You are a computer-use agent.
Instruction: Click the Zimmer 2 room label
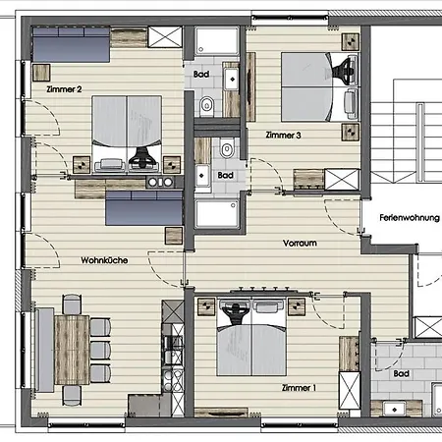[64, 89]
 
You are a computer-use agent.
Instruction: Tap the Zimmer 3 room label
[283, 135]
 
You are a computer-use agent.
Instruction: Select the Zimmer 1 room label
[299, 388]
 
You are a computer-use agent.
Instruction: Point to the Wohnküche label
[104, 260]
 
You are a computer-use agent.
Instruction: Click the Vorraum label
[300, 243]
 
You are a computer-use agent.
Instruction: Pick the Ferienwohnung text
[410, 218]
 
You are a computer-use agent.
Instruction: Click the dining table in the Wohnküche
[72, 350]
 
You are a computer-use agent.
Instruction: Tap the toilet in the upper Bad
[206, 105]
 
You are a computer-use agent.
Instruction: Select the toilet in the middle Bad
[227, 148]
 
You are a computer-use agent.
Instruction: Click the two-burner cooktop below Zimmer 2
[160, 182]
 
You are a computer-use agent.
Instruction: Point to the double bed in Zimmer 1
[251, 337]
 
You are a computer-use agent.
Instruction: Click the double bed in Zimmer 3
[320, 87]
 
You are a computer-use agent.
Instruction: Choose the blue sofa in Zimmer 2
[71, 44]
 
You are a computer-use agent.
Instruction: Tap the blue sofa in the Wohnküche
[143, 208]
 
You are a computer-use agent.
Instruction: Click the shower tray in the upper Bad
[217, 41]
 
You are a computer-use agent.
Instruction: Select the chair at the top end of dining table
[72, 304]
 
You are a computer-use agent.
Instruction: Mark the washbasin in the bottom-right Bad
[394, 410]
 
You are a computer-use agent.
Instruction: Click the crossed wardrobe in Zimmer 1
[350, 390]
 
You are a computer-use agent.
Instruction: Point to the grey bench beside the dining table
[44, 350]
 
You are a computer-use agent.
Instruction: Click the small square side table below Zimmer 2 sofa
[41, 73]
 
